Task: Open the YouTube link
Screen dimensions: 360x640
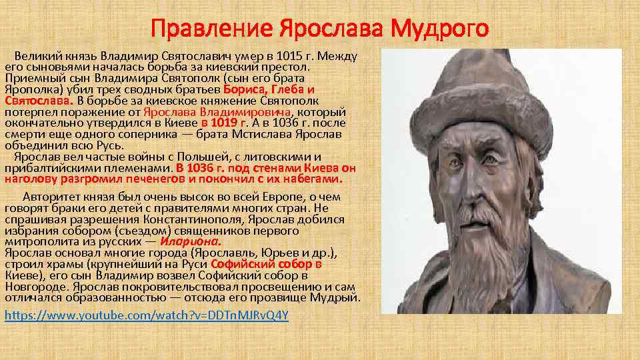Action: (147, 315)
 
